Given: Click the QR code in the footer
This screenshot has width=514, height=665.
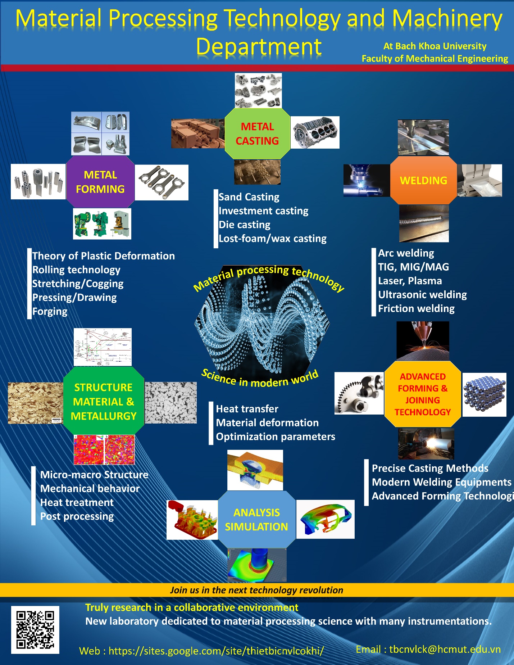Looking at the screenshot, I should tap(35, 629).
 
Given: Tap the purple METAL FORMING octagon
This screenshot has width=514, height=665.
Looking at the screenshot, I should tap(100, 182).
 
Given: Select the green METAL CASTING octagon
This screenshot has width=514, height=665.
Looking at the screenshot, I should tap(257, 134).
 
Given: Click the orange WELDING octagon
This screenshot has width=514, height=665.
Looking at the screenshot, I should tap(423, 180).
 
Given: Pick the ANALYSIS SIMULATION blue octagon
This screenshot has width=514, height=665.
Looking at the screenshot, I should tap(256, 519).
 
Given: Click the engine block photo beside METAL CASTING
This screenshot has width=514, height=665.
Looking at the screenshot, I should tap(315, 132).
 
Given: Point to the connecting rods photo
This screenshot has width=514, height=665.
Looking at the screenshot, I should tap(162, 182).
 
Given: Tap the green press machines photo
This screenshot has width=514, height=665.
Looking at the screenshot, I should tap(102, 223).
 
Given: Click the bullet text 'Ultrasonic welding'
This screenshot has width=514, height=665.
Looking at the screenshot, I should tap(422, 295).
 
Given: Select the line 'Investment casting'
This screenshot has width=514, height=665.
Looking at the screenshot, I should tap(263, 211).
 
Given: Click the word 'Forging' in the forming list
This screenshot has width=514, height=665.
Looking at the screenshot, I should tap(50, 311).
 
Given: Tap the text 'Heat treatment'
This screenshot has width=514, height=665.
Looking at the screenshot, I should tap(77, 502).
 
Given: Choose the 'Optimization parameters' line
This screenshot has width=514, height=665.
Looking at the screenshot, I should tap(276, 436).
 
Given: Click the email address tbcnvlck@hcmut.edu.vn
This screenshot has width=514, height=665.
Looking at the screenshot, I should tap(445, 649).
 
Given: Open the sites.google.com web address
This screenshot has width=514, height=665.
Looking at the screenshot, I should tap(216, 651).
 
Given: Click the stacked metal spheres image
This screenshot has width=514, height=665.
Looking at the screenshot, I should tap(484, 395).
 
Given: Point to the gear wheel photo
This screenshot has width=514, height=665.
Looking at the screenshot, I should tap(359, 393).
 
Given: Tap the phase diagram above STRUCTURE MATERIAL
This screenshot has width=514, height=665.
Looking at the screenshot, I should tap(103, 347).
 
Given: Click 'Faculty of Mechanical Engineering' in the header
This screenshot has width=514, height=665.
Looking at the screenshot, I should tap(435, 59).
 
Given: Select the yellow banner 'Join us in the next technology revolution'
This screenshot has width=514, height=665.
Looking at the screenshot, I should tap(256, 590).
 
